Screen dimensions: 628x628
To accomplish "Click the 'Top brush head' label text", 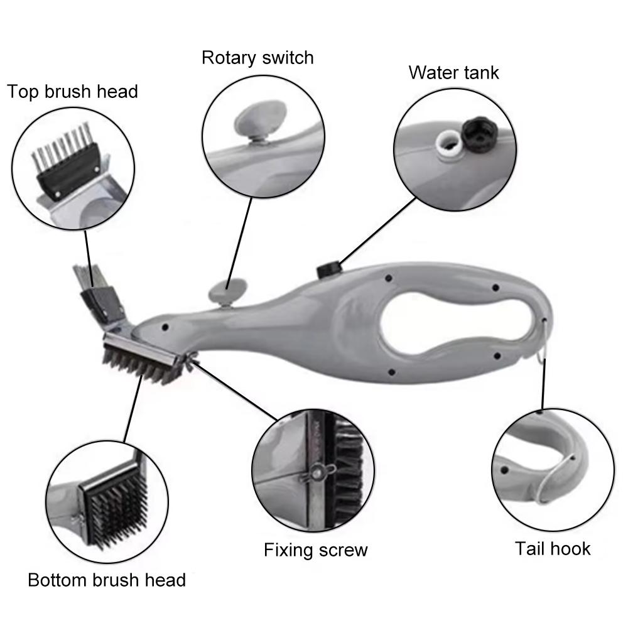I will click(72, 92).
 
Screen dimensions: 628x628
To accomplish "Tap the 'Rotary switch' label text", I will click(257, 58).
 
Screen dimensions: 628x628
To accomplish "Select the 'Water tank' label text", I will click(453, 72).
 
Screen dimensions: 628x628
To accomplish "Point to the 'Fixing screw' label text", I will click(315, 550).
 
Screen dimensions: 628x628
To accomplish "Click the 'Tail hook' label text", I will click(553, 548).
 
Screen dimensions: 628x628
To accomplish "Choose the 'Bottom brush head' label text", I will click(107, 579).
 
